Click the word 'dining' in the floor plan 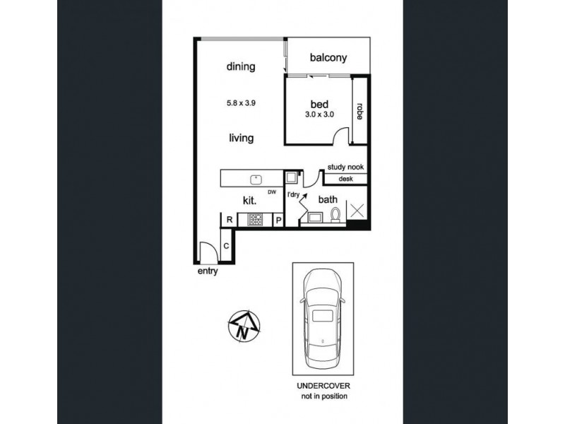(240, 67)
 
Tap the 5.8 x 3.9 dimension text (240, 102)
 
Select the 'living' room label (240, 139)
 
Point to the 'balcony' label (327, 59)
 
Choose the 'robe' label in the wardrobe (359, 112)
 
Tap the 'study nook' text (345, 167)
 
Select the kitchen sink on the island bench (257, 179)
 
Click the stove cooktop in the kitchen (254, 220)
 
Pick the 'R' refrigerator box (230, 220)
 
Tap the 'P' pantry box (278, 220)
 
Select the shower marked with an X (358, 211)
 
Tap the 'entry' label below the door (208, 271)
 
